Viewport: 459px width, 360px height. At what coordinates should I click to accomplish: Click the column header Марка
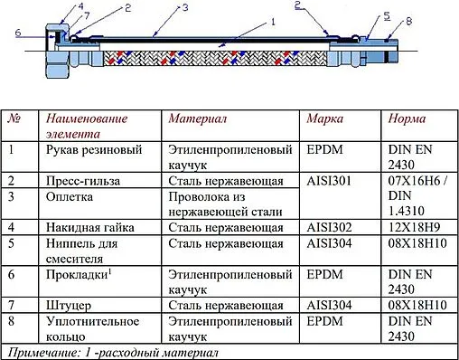(x=324, y=118)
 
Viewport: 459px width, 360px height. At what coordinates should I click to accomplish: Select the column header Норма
(x=407, y=118)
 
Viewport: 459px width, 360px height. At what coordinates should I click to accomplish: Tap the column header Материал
(x=197, y=118)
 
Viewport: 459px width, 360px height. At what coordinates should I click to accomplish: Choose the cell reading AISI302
(x=328, y=226)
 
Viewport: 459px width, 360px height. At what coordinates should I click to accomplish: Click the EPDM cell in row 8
(x=324, y=320)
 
